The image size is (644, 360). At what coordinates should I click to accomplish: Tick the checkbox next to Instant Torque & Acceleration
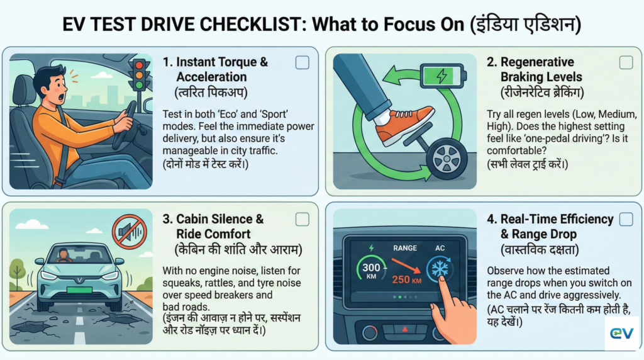click(302, 62)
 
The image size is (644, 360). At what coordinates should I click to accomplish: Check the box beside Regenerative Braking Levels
click(626, 62)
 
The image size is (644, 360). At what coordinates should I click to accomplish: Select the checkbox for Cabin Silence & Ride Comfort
click(302, 219)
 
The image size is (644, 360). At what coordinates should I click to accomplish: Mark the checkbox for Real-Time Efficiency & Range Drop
click(626, 219)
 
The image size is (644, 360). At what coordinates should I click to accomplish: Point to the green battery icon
click(443, 77)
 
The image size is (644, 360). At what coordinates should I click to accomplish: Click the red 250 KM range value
click(406, 279)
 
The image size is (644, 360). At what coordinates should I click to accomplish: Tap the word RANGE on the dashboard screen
click(405, 248)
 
